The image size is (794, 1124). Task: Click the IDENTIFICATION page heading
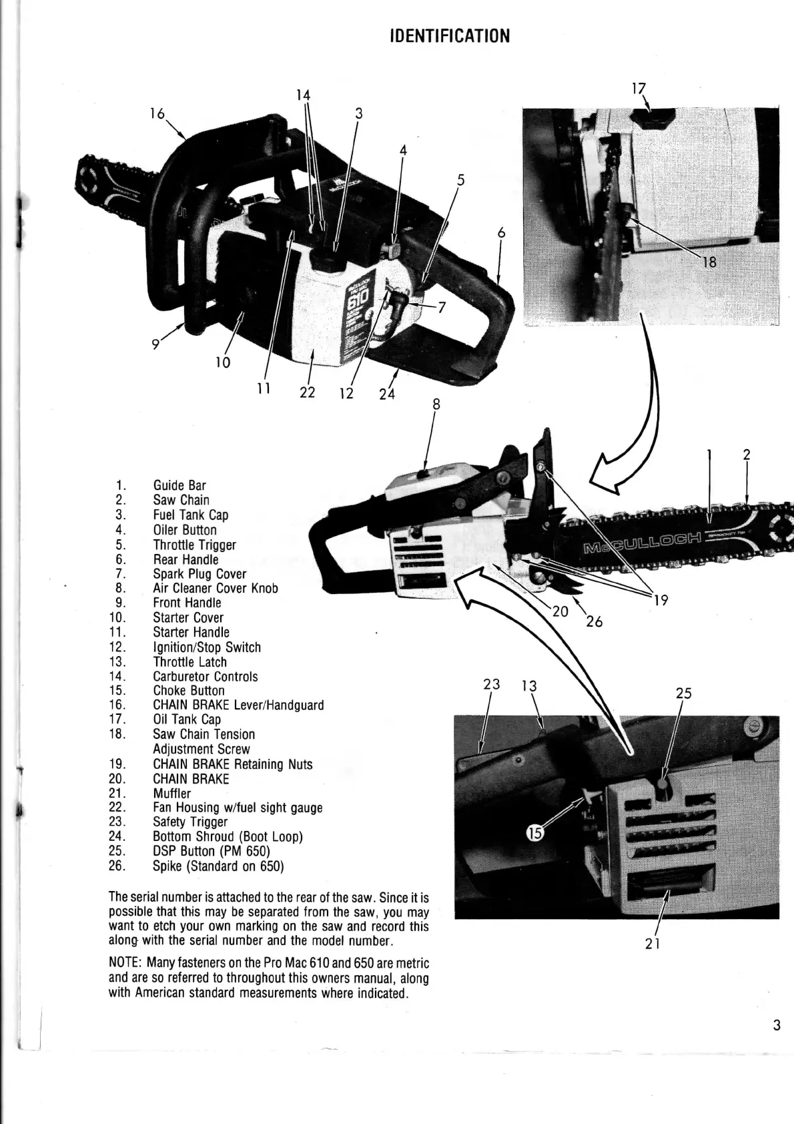point(450,36)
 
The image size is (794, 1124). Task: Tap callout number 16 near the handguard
point(157,113)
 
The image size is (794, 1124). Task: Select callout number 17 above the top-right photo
point(639,87)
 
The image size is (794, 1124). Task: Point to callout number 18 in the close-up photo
point(709,262)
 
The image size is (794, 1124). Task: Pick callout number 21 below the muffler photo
point(653,943)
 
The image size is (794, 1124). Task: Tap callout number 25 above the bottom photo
point(683,693)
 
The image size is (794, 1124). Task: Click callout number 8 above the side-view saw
point(436,404)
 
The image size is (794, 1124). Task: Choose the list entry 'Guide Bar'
point(179,485)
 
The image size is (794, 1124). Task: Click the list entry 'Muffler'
point(171,794)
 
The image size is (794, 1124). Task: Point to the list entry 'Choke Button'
point(189,691)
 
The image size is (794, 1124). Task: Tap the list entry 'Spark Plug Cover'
point(200,574)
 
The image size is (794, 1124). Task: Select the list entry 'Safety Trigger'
point(190,822)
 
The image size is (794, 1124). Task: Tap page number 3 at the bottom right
point(776,1025)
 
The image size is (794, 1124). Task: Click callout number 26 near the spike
point(594,621)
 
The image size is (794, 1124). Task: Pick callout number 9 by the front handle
point(155,344)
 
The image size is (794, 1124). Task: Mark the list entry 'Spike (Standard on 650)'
point(218,866)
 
